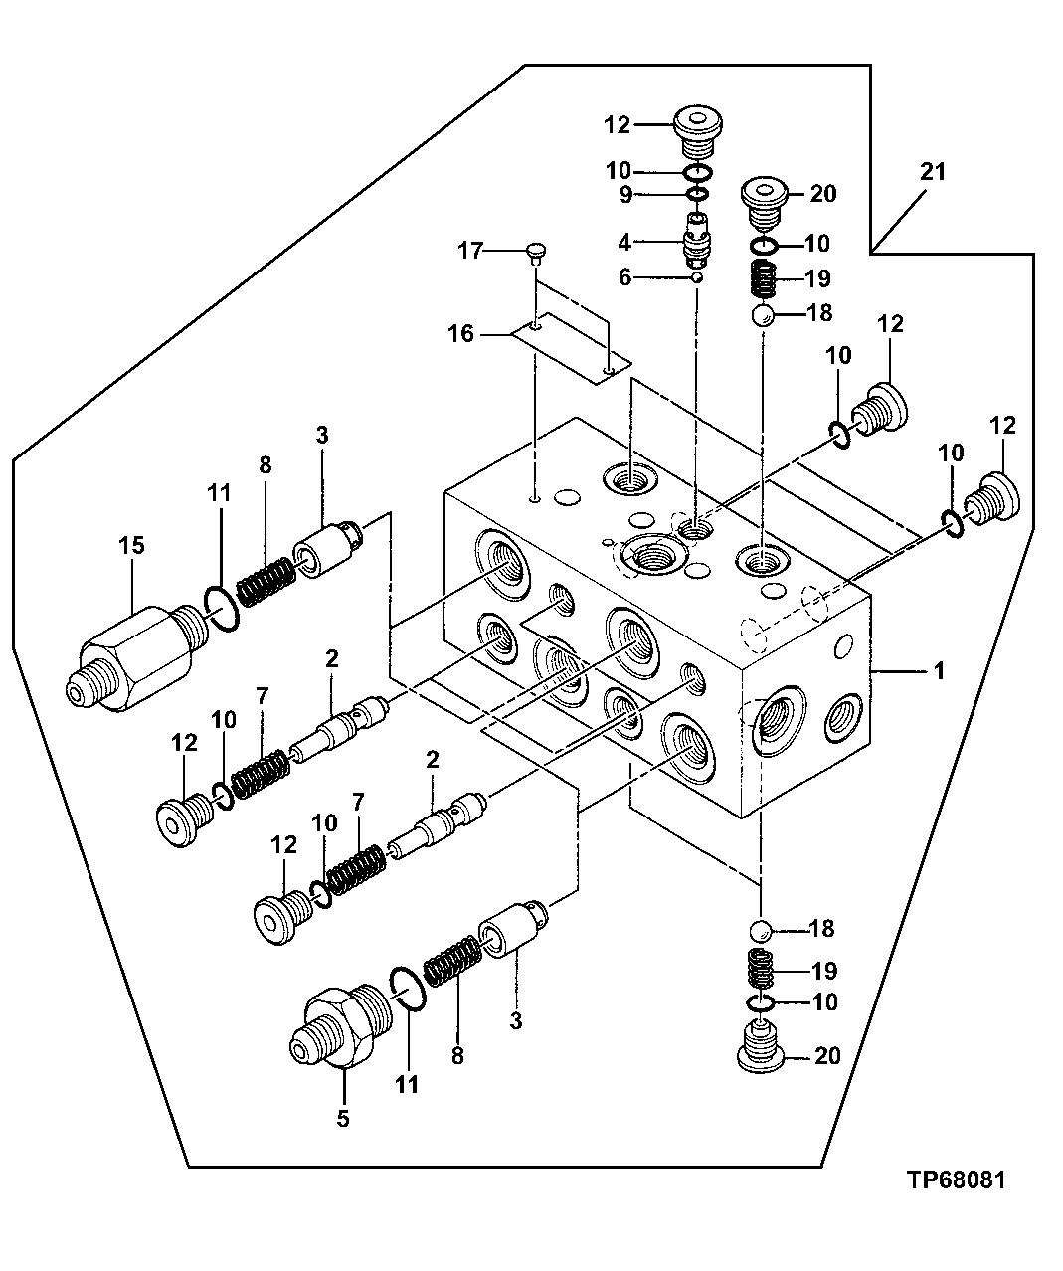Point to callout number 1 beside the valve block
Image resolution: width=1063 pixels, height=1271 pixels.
[936, 672]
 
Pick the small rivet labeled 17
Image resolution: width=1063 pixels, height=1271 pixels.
[535, 255]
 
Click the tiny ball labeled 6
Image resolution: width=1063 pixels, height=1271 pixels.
[697, 278]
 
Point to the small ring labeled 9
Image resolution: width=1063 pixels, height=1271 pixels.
[698, 192]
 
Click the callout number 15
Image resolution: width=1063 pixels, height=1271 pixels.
[132, 545]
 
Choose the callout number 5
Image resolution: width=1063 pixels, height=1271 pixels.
[342, 1118]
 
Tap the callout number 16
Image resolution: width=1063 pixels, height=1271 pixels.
[460, 333]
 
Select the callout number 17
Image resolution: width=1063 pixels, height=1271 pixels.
[469, 252]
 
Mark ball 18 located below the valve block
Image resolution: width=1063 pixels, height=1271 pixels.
[762, 930]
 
